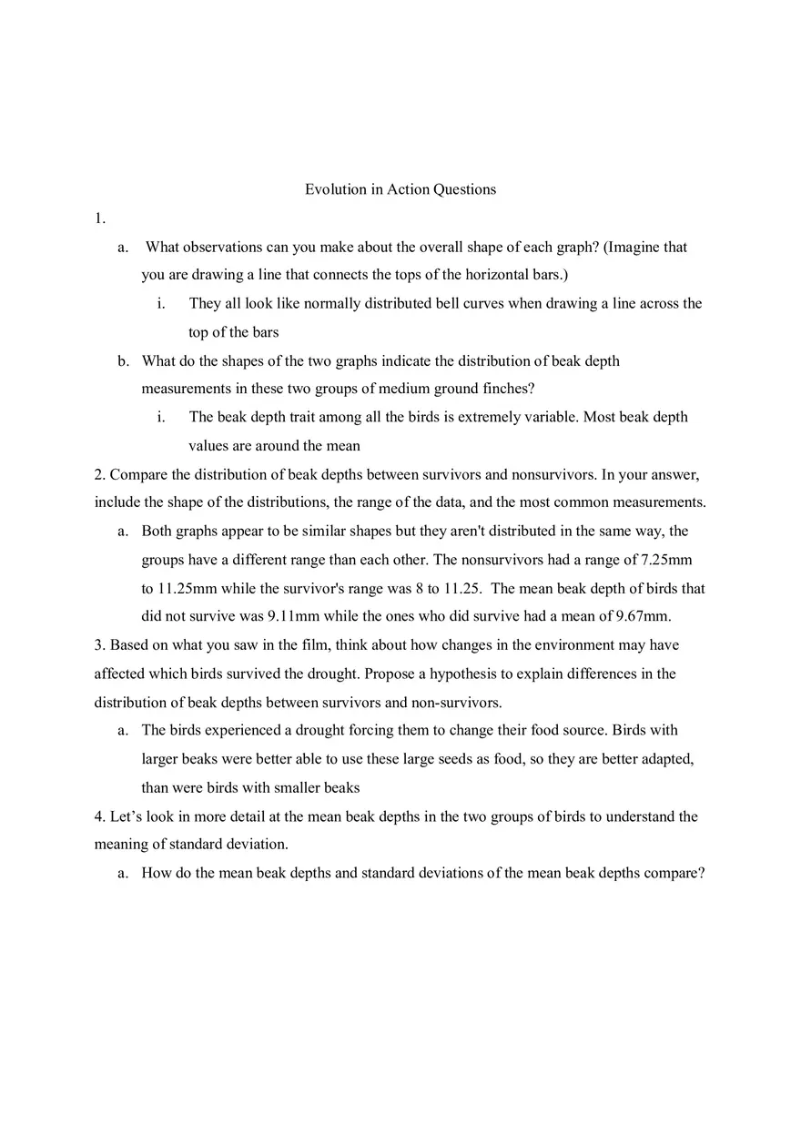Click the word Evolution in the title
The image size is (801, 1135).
[336, 189]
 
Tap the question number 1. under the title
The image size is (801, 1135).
[100, 218]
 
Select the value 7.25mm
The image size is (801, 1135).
[671, 560]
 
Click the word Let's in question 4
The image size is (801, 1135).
[127, 816]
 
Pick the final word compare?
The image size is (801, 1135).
[674, 874]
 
